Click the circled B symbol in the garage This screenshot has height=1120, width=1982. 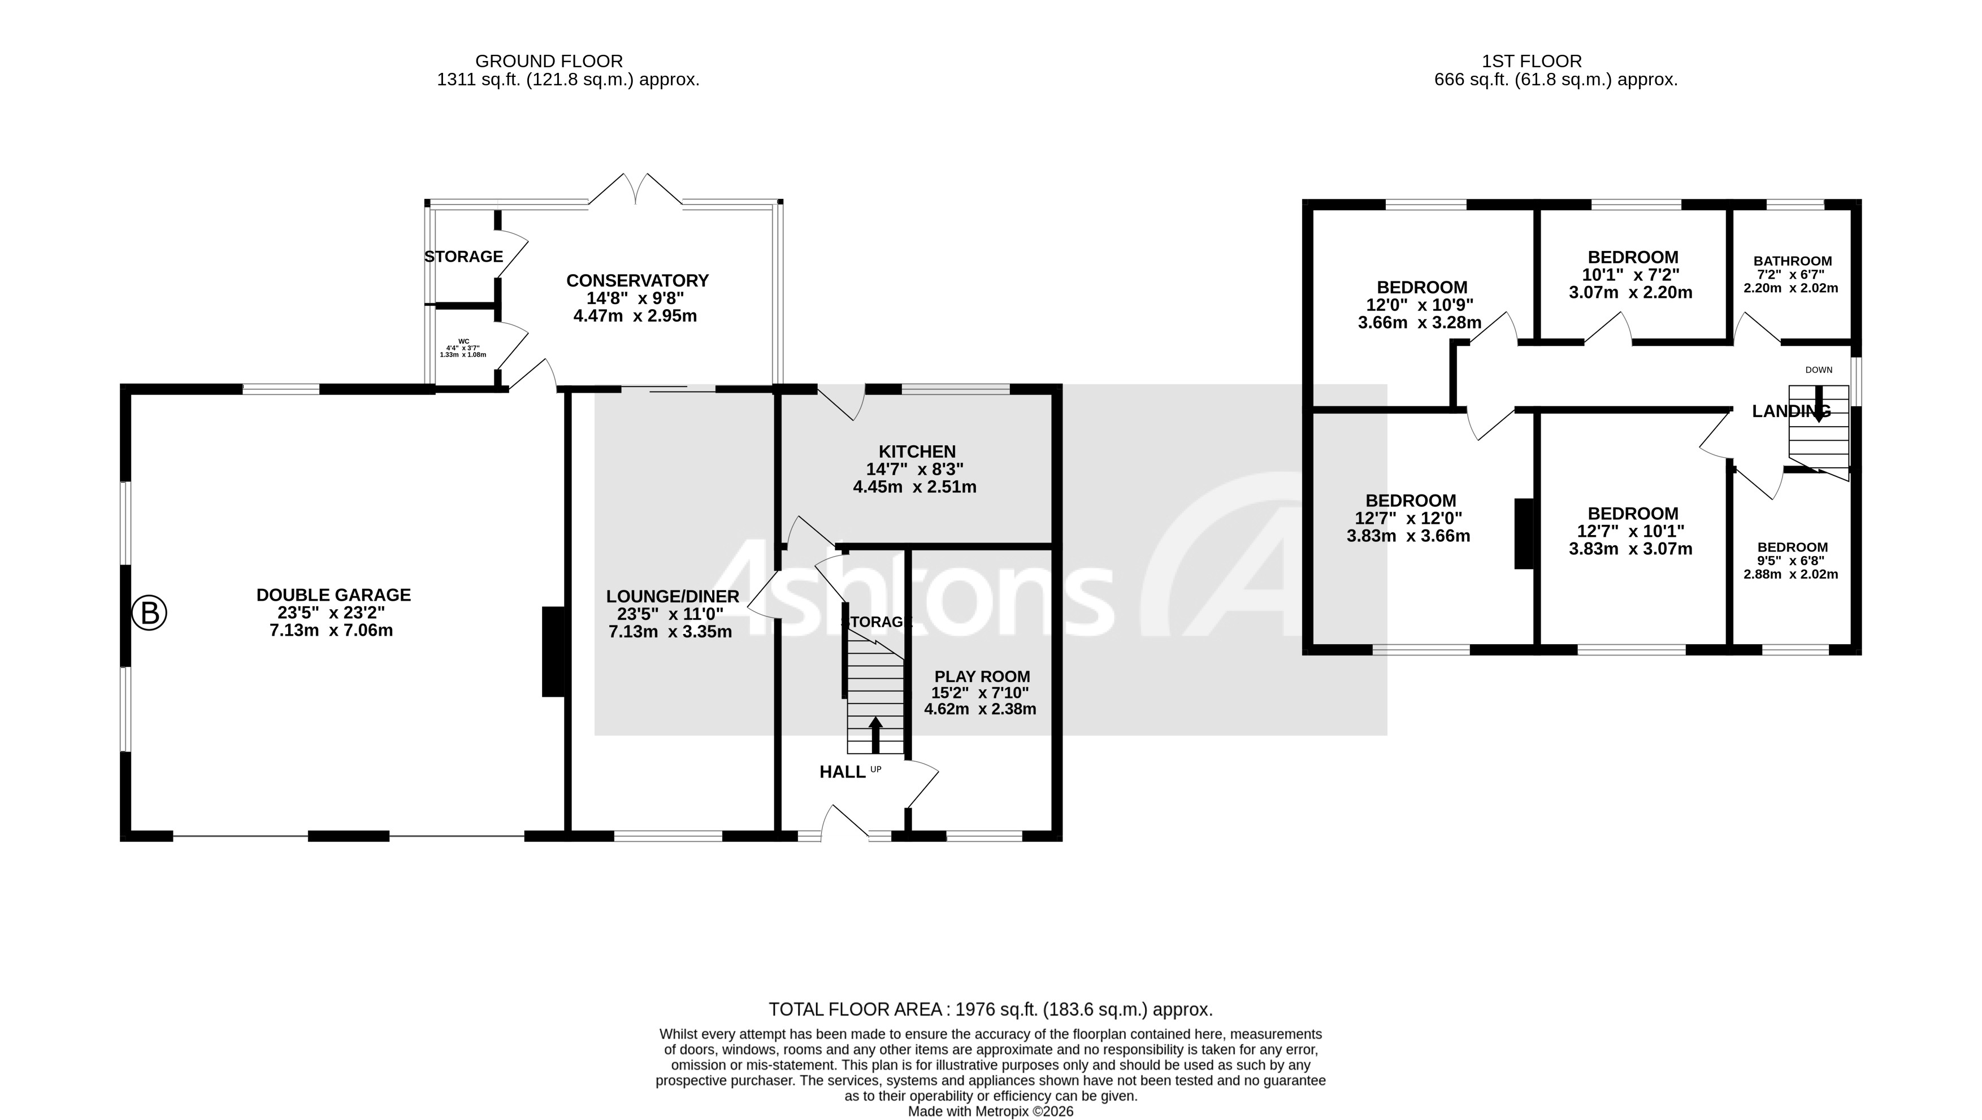click(x=149, y=614)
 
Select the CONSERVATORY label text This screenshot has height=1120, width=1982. click(x=637, y=281)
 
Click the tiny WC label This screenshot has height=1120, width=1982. click(x=463, y=341)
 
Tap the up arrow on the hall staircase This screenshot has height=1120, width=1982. click(x=875, y=735)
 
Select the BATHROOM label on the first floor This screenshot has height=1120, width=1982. click(x=1793, y=261)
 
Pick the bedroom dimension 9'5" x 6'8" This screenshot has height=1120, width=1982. click(x=1793, y=561)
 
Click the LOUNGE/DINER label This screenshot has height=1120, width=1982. click(x=673, y=596)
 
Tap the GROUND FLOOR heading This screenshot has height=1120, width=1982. click(x=549, y=61)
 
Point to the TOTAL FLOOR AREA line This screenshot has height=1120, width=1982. click(x=990, y=1009)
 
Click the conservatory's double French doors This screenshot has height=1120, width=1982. click(x=636, y=189)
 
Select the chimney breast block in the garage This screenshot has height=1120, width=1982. click(x=553, y=652)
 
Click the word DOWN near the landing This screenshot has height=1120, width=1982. click(x=1819, y=370)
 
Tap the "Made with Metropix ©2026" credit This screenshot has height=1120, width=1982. click(x=990, y=1112)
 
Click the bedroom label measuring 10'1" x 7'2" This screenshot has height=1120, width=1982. click(x=1633, y=257)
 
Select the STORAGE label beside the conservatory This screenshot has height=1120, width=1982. click(x=464, y=256)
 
